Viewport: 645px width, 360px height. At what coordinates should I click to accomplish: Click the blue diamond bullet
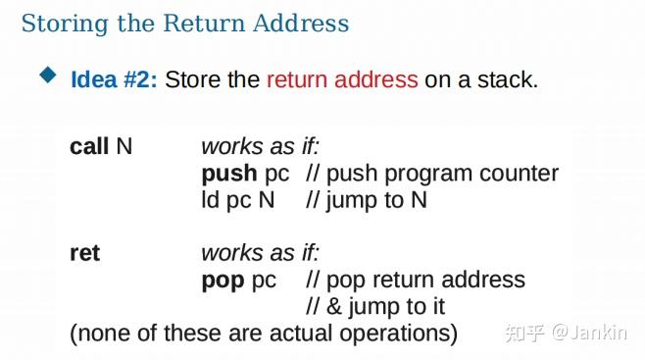coord(48,76)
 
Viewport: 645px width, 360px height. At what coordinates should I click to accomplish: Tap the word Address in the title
coord(303,23)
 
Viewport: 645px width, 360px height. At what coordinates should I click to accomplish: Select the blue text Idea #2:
coord(114,79)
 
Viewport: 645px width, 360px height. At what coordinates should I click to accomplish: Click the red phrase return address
coord(342,79)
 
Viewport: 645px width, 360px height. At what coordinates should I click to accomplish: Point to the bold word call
coord(89,146)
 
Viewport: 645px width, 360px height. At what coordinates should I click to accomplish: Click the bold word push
coord(229,174)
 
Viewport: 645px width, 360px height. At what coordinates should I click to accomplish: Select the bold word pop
coord(223,280)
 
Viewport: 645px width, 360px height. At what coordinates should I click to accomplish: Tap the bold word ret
coord(84,253)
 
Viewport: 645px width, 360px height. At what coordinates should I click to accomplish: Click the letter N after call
coord(124,146)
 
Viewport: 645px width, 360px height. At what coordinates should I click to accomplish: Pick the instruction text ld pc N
coord(238,200)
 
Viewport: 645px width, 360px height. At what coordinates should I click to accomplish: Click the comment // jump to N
coord(367,200)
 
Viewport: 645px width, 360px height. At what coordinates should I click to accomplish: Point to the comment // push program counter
coord(432,174)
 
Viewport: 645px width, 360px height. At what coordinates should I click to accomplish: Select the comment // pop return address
coord(416,280)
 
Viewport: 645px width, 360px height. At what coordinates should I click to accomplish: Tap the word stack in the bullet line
coord(507,79)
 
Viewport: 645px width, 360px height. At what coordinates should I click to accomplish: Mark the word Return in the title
coord(186,23)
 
